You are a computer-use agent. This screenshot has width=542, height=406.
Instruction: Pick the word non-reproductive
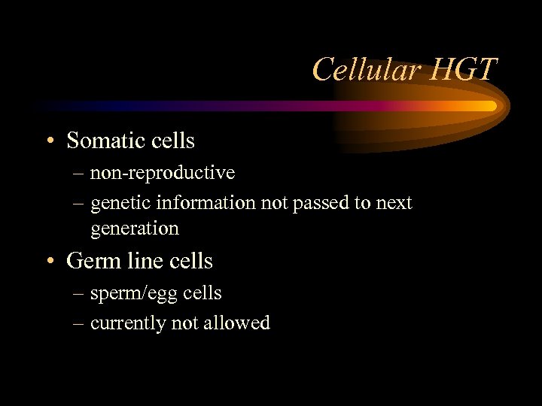[x=162, y=173]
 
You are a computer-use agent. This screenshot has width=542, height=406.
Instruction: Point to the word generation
[x=134, y=228]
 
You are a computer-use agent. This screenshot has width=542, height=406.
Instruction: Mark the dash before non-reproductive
[x=79, y=174]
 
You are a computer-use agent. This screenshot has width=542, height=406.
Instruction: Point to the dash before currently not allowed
[x=79, y=324]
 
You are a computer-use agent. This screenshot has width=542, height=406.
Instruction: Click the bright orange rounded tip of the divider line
[x=490, y=106]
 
